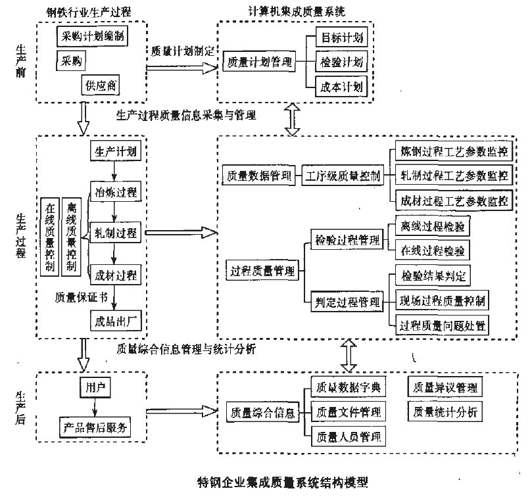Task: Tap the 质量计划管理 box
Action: point(257,62)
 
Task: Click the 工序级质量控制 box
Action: point(343,176)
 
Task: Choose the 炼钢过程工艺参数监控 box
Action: point(454,152)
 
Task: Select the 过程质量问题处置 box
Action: point(444,325)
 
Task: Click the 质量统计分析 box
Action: point(445,412)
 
